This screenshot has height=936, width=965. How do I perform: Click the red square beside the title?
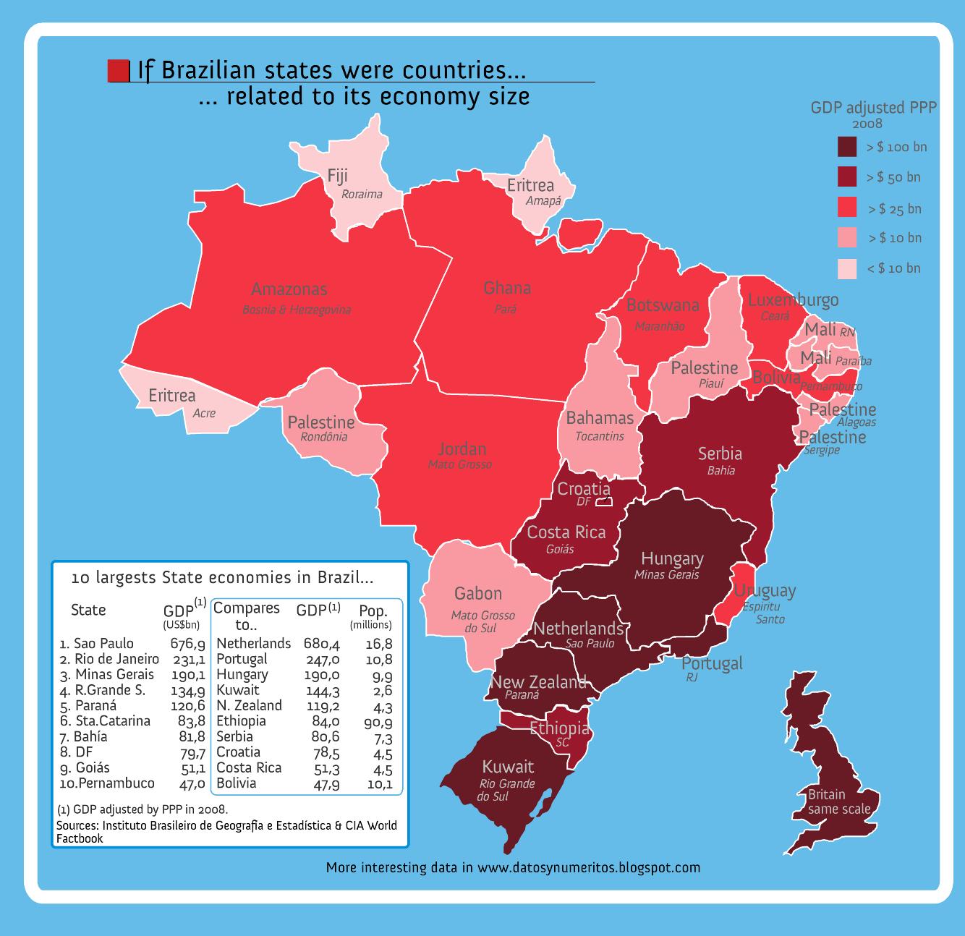(118, 71)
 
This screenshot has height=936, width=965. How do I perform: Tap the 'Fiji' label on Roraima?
(338, 176)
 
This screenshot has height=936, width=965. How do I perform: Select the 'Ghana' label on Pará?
(507, 288)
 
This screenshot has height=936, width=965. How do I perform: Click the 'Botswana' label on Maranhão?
(663, 305)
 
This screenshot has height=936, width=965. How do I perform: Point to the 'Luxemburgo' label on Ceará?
(793, 299)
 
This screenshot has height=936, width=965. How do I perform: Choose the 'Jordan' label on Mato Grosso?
(462, 448)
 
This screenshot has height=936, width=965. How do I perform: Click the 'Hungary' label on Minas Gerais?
(672, 559)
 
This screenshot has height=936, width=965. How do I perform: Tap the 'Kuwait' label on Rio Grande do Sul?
(508, 767)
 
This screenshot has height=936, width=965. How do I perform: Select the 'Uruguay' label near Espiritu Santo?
(765, 590)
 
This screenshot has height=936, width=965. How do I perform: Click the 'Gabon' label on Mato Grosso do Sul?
(477, 594)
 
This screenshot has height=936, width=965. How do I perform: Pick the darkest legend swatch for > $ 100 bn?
(847, 147)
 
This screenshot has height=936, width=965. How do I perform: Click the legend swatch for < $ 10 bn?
(847, 268)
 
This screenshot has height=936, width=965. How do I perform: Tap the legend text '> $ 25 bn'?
(895, 209)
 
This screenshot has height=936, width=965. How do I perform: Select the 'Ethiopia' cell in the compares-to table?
(241, 721)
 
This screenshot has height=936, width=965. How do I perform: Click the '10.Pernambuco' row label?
(107, 783)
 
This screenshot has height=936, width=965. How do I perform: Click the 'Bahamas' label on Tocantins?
(600, 418)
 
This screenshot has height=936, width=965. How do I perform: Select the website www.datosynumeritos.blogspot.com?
(589, 867)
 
